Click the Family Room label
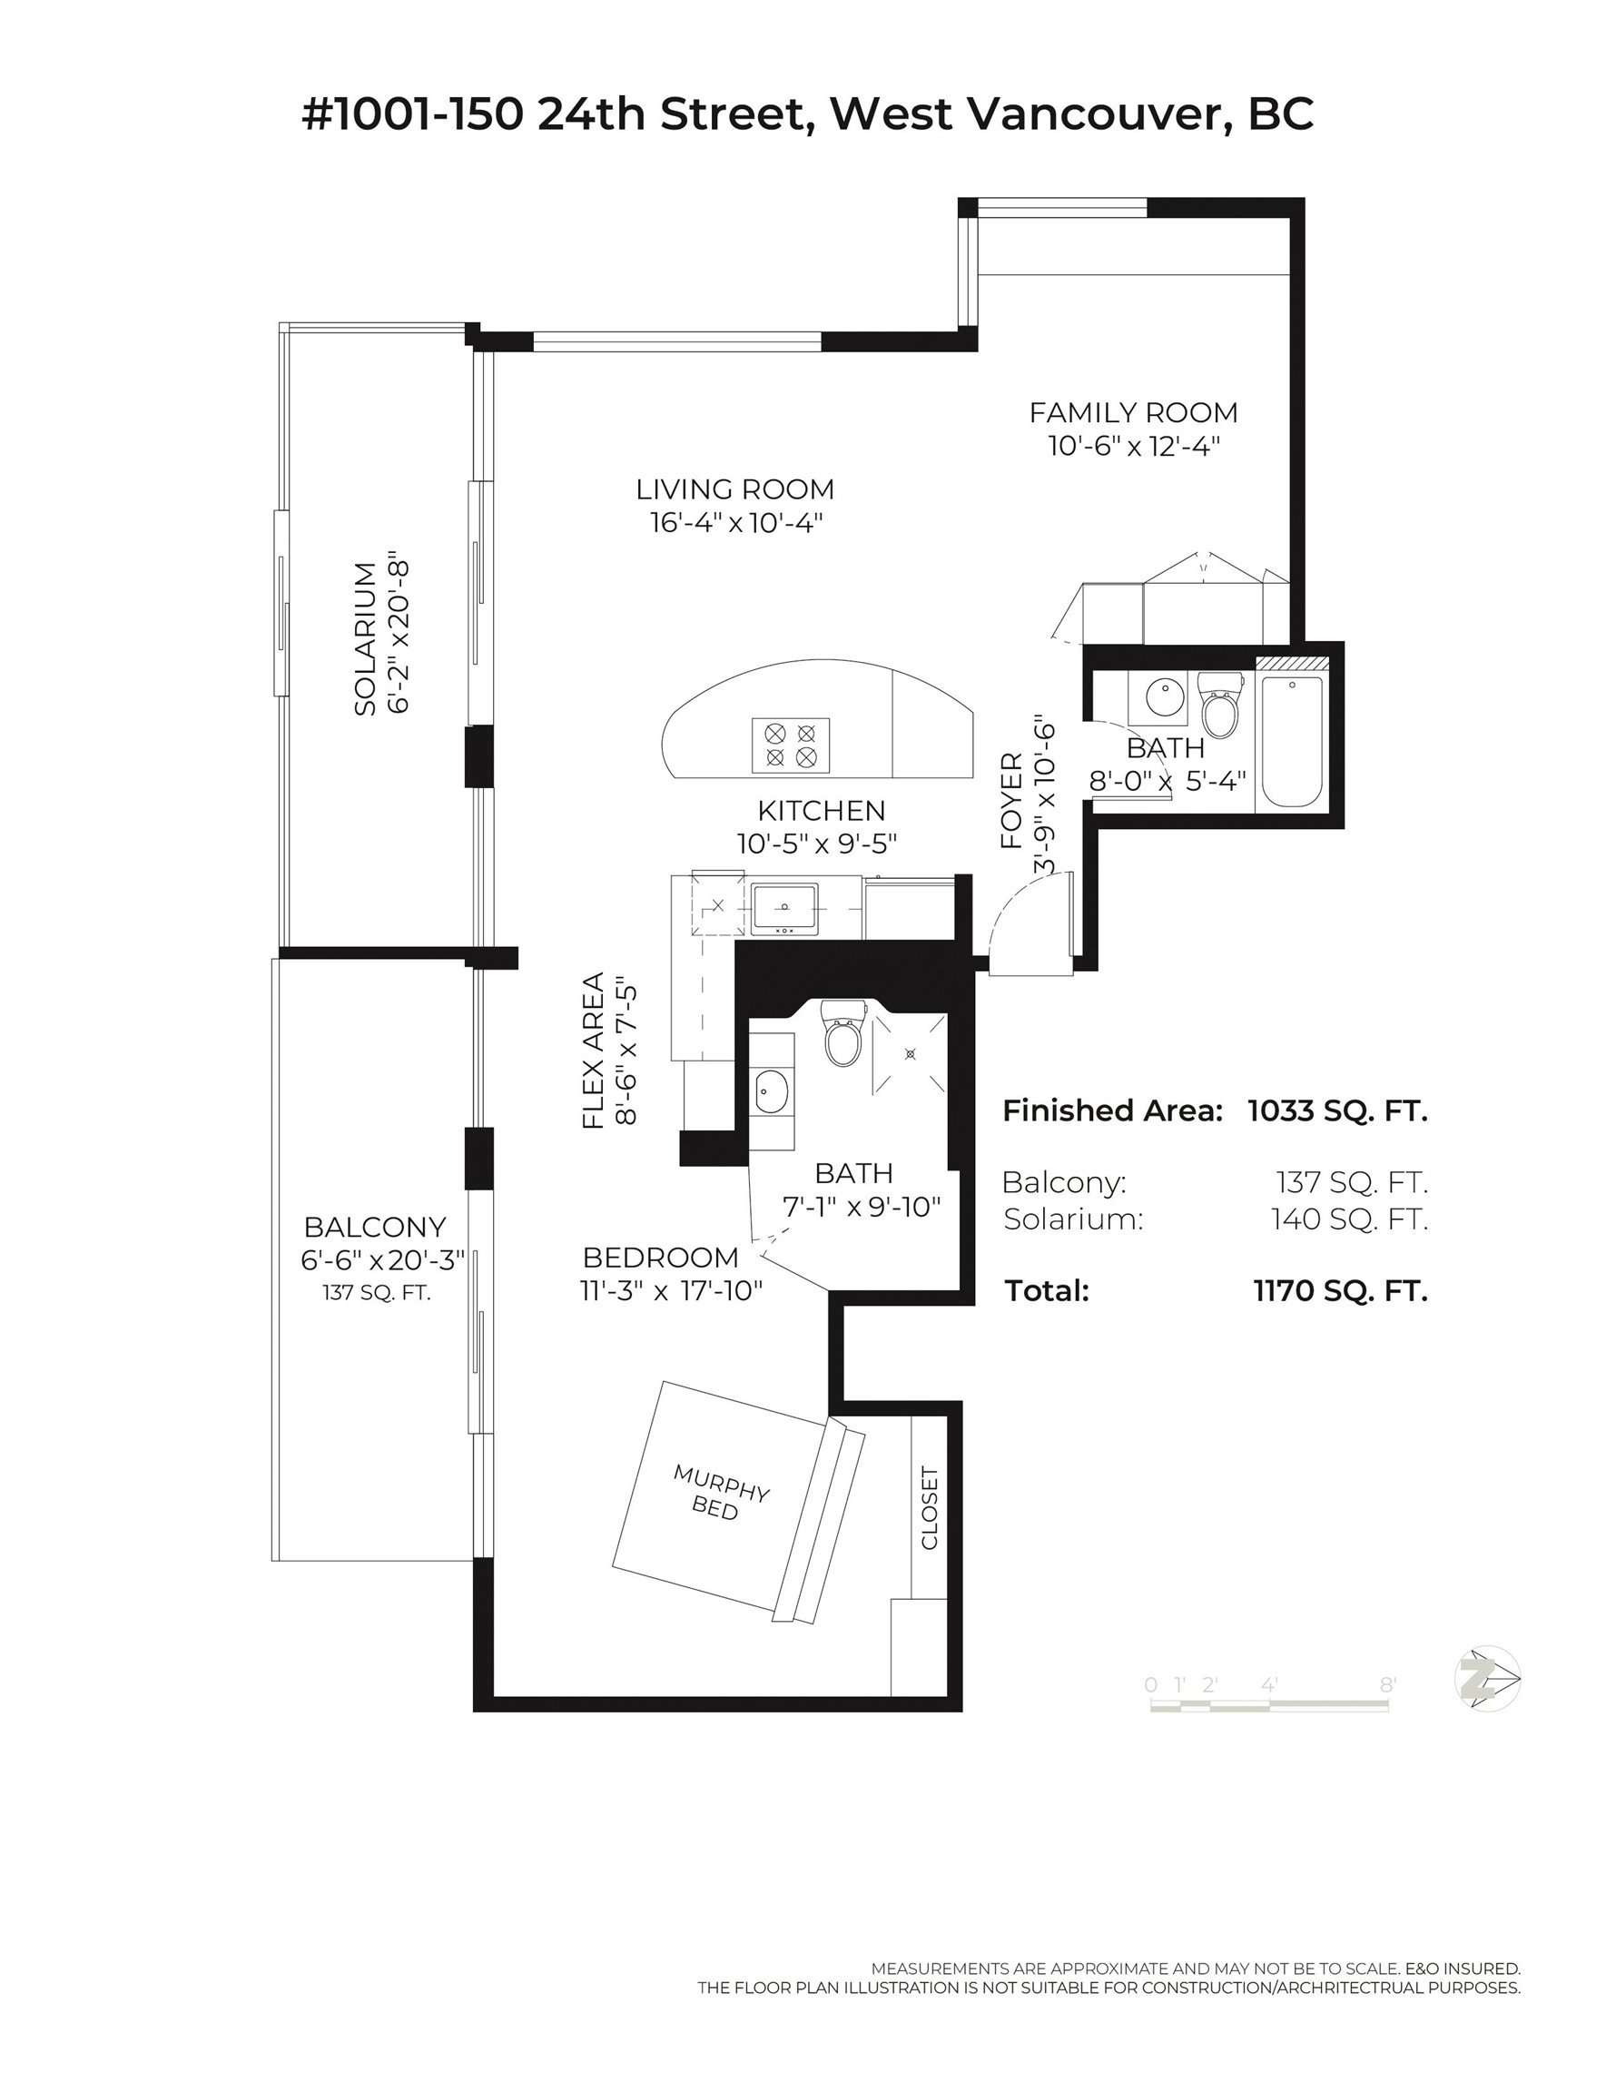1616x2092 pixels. [x=1133, y=413]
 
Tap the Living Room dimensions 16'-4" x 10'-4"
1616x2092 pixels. [x=735, y=523]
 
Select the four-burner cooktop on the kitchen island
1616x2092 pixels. [x=790, y=745]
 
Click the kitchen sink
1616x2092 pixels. [x=783, y=907]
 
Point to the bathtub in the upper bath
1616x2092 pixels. [x=1291, y=742]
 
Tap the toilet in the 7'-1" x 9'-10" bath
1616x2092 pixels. [x=844, y=1038]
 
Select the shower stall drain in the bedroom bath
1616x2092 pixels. [x=910, y=1053]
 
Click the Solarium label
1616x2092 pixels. [x=365, y=638]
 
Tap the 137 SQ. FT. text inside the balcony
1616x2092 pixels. [x=376, y=1293]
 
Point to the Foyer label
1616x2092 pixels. [x=1011, y=801]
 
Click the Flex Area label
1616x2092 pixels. [x=594, y=1051]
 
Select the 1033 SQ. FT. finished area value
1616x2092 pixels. [x=1336, y=1111]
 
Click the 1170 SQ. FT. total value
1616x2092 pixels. [x=1339, y=1291]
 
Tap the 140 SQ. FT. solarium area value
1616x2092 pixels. [x=1349, y=1219]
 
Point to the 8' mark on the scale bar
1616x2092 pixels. [x=1387, y=1685]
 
